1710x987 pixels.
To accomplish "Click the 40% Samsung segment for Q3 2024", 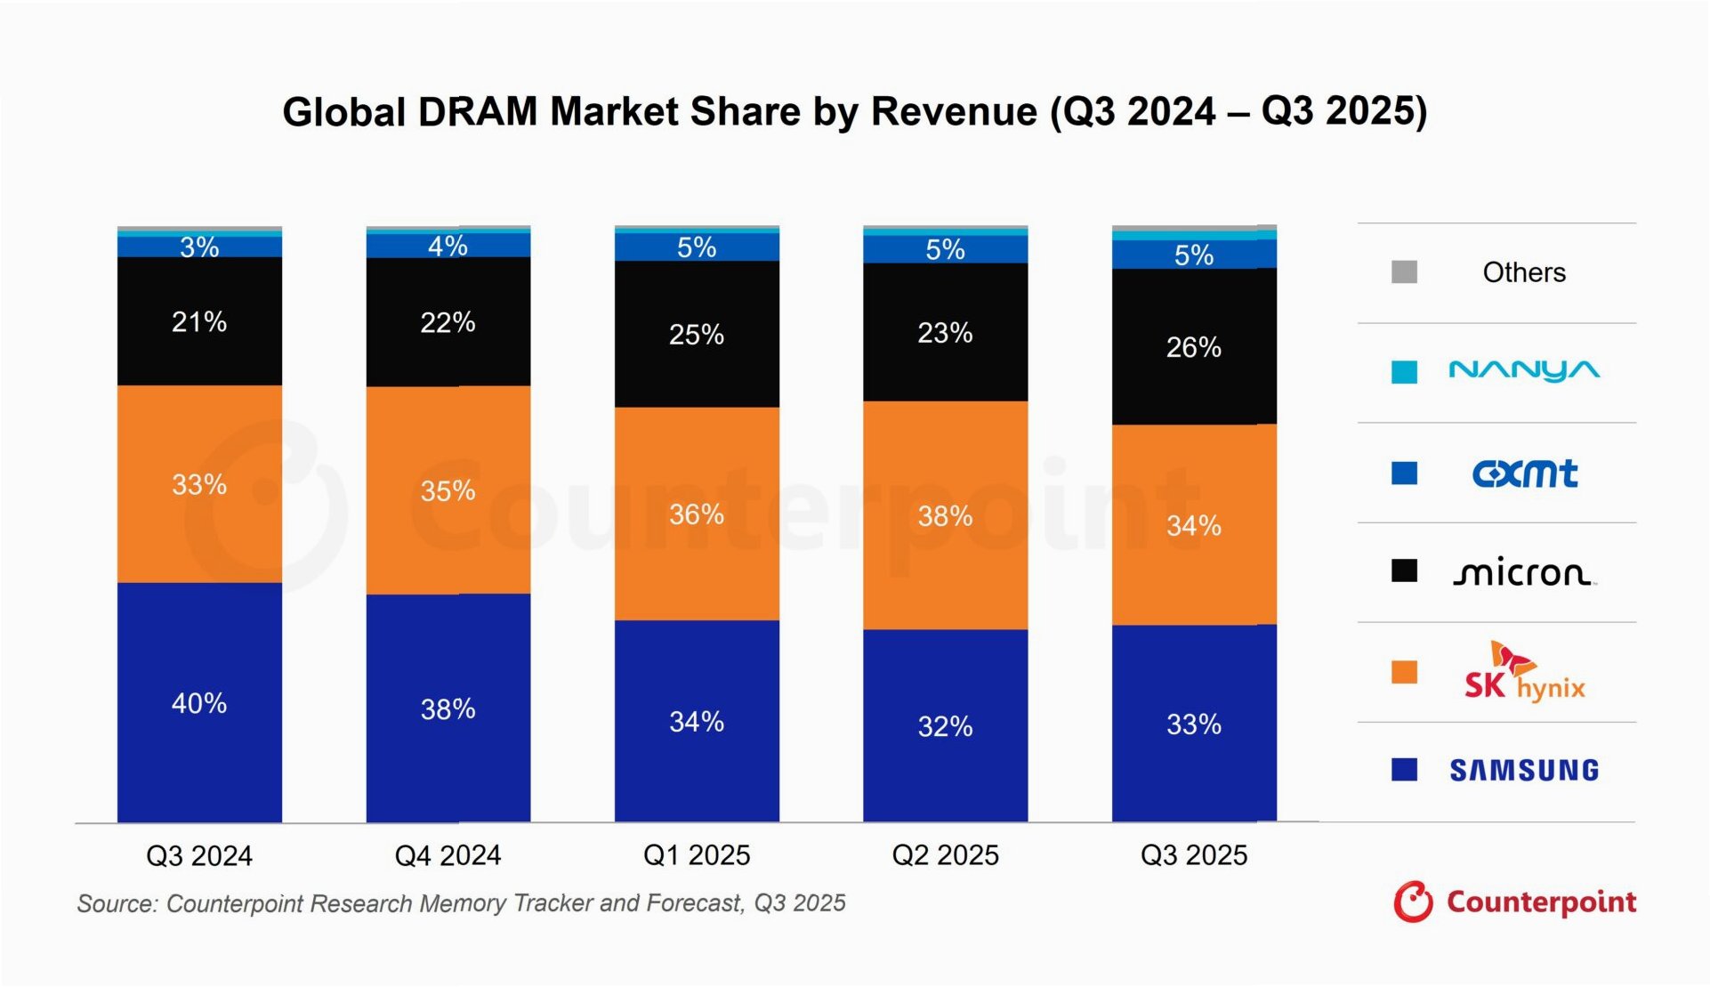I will [199, 703].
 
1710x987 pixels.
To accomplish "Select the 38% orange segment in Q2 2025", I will [945, 515].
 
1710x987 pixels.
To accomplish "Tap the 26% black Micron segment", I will [1193, 346].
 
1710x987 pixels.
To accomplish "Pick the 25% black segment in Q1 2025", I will [697, 334].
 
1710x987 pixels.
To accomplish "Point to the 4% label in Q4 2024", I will [448, 246].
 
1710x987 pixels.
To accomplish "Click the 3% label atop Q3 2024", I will [199, 247].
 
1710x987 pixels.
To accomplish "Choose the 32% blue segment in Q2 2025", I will [945, 725].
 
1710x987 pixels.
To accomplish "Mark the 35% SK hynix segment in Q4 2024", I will [448, 490].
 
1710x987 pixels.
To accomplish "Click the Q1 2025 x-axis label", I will [697, 855].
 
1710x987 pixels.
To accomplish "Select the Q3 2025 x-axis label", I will [1193, 855].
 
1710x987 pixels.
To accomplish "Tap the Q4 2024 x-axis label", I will [448, 855].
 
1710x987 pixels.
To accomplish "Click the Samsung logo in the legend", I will [1524, 770].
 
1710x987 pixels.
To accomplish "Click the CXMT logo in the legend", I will [1524, 473].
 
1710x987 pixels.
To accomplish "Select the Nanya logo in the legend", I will [1524, 370].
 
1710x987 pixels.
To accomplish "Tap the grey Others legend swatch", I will [1404, 271].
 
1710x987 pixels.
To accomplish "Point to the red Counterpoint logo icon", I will [1413, 902].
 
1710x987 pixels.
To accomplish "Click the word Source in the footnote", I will [117, 903].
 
